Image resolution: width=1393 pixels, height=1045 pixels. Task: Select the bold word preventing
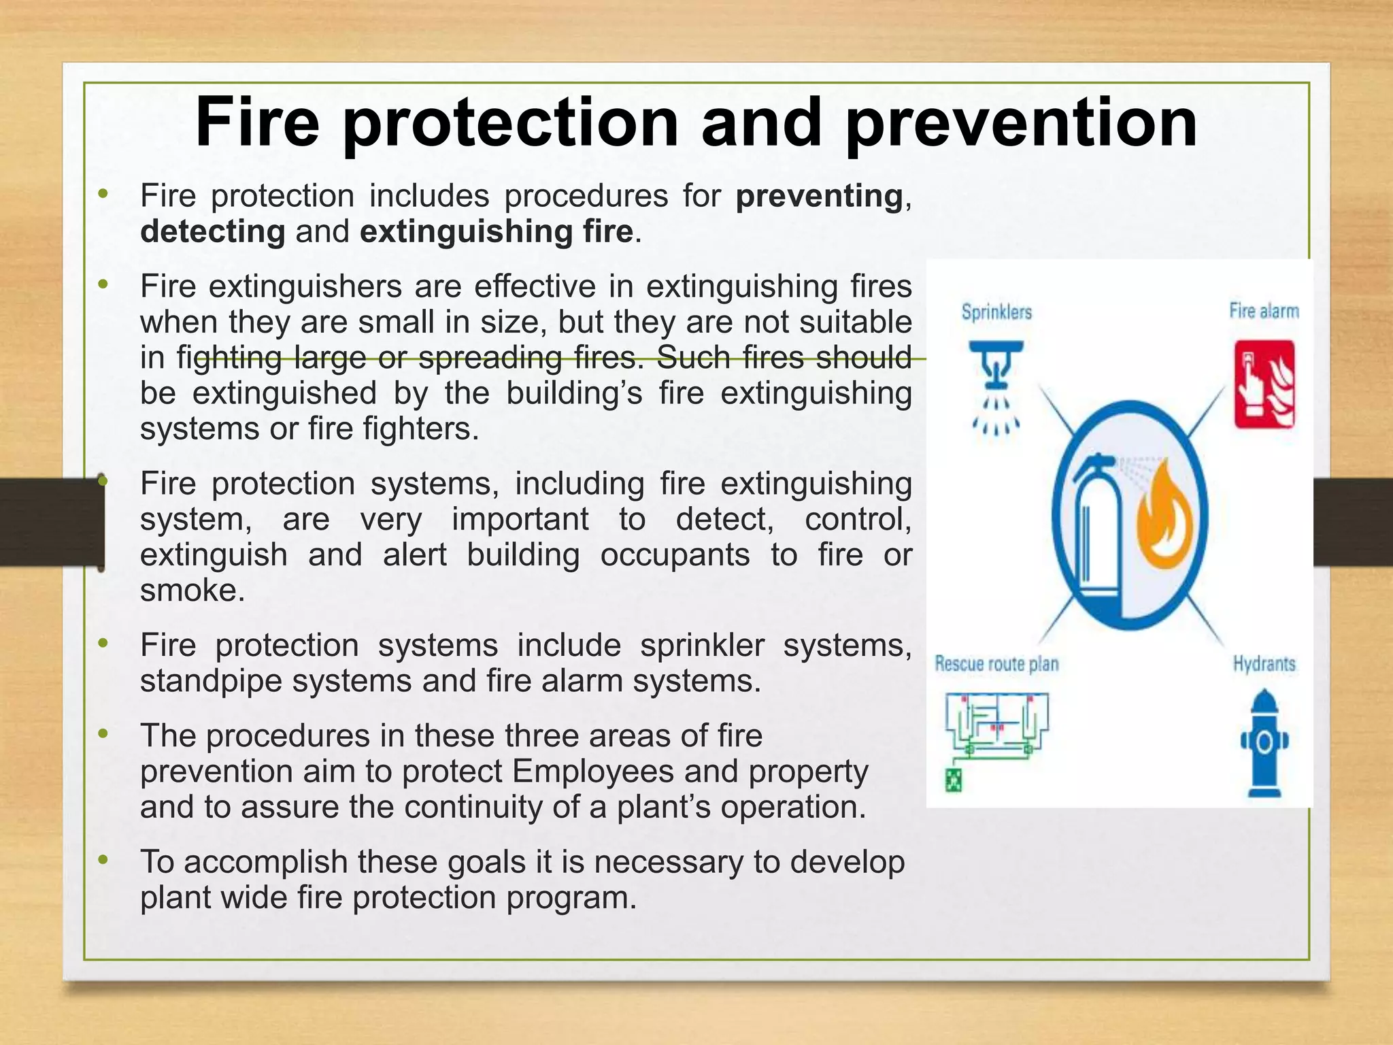pyautogui.click(x=819, y=197)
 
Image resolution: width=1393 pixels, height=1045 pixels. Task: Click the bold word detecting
pyautogui.click(x=212, y=232)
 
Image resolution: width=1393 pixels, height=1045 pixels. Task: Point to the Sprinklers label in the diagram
pyautogui.click(x=996, y=312)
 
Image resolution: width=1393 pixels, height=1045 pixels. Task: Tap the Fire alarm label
pyautogui.click(x=1264, y=311)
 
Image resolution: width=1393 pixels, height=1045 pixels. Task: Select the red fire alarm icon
pyautogui.click(x=1264, y=385)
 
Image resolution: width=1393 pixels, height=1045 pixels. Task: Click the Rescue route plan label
pyautogui.click(x=996, y=664)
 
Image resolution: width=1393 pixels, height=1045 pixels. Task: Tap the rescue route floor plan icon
pyautogui.click(x=997, y=725)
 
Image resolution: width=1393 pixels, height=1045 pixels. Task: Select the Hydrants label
pyautogui.click(x=1264, y=664)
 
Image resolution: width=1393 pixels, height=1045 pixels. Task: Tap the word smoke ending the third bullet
pyautogui.click(x=191, y=590)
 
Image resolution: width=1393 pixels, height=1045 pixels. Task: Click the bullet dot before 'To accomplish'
pyautogui.click(x=103, y=860)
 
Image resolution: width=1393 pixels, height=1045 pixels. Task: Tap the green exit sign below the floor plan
pyautogui.click(x=953, y=780)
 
